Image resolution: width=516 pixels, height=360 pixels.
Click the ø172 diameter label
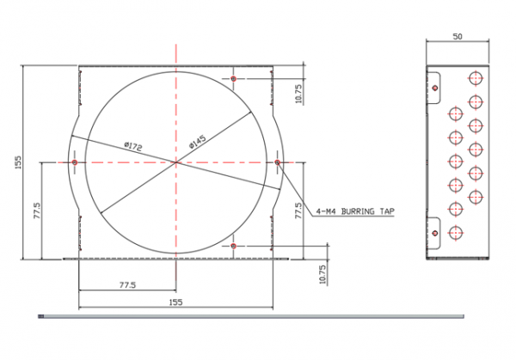click(133, 147)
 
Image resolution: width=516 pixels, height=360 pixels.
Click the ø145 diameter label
click(198, 142)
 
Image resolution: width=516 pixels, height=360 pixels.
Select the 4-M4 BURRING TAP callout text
click(355, 211)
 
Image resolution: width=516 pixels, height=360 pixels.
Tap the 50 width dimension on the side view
click(458, 36)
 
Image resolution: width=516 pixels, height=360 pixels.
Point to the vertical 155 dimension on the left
click(18, 162)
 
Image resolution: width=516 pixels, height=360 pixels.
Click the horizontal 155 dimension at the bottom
click(175, 302)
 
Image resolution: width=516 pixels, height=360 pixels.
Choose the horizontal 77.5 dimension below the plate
click(127, 285)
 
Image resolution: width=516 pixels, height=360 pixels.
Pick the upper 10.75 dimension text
click(298, 94)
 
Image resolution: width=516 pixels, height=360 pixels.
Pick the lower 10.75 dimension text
click(322, 274)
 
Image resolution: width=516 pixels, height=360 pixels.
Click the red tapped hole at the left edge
click(75, 162)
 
